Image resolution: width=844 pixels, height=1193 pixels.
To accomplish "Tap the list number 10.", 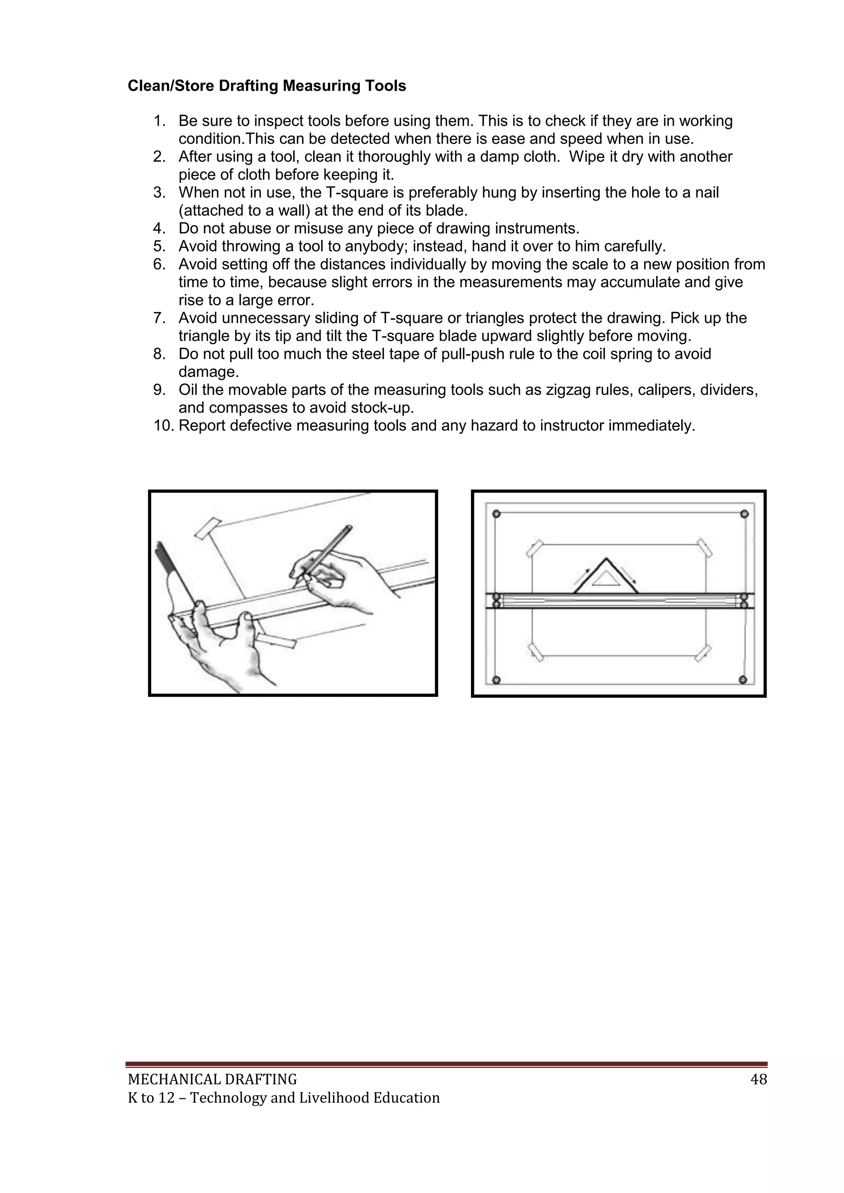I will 164,426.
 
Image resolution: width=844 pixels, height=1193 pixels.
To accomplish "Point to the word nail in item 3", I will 707,193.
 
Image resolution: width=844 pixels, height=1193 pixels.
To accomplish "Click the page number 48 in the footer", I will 759,1080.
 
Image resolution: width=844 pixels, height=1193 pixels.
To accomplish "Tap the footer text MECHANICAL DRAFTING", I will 212,1080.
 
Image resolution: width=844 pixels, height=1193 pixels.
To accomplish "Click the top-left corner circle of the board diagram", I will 496,514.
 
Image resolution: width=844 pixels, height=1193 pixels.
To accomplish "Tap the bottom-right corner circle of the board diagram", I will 743,680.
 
